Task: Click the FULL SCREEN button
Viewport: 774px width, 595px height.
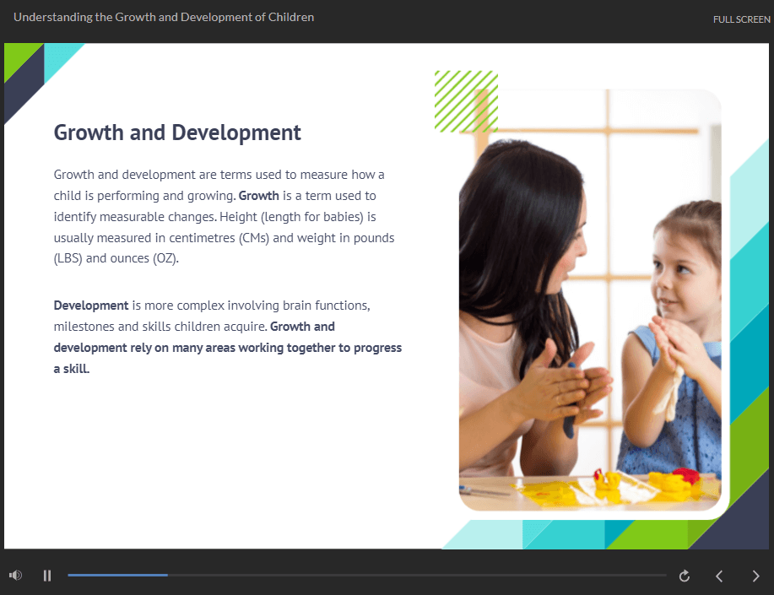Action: tap(741, 19)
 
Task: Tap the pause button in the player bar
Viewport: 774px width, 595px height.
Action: tap(47, 576)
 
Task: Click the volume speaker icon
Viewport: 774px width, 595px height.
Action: tap(15, 576)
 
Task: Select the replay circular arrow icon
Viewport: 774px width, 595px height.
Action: tap(685, 576)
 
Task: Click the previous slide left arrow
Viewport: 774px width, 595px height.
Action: tap(719, 576)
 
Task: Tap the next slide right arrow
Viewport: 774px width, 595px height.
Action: tap(755, 576)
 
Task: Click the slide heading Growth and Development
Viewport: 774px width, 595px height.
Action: tap(177, 133)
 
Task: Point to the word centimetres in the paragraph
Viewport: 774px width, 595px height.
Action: tap(202, 238)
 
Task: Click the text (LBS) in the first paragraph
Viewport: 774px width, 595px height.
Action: tap(68, 259)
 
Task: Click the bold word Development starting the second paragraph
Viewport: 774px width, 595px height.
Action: tap(91, 306)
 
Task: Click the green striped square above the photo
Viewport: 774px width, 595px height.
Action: tap(466, 102)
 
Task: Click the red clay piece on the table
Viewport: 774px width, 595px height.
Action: tap(686, 475)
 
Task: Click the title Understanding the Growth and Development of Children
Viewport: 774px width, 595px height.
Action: tap(164, 17)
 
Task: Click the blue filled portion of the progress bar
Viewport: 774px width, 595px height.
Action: tap(117, 576)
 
